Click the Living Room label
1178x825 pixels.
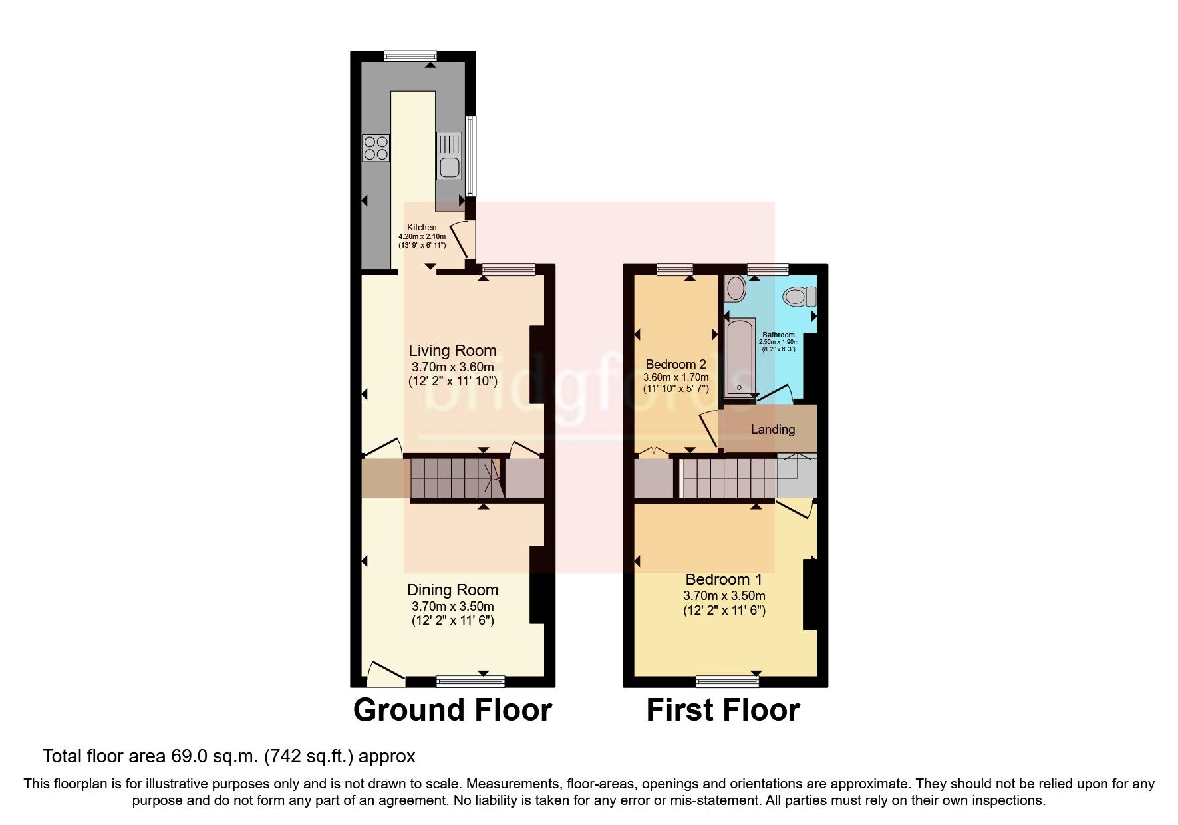(x=452, y=351)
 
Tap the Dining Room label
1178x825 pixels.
(x=452, y=590)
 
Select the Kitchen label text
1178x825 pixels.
(x=422, y=228)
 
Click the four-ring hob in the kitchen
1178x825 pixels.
(x=375, y=148)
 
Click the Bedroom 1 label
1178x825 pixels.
(x=724, y=579)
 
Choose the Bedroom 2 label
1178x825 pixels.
(x=676, y=365)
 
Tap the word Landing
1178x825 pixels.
(x=772, y=430)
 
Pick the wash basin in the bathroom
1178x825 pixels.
(x=736, y=288)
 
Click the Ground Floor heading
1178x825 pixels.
(x=452, y=710)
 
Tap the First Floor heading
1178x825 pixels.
(x=723, y=710)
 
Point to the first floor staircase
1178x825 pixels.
(x=728, y=478)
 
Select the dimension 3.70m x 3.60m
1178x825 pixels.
(x=452, y=367)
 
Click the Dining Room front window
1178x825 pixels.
(x=471, y=681)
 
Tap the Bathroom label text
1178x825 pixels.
(x=778, y=335)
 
